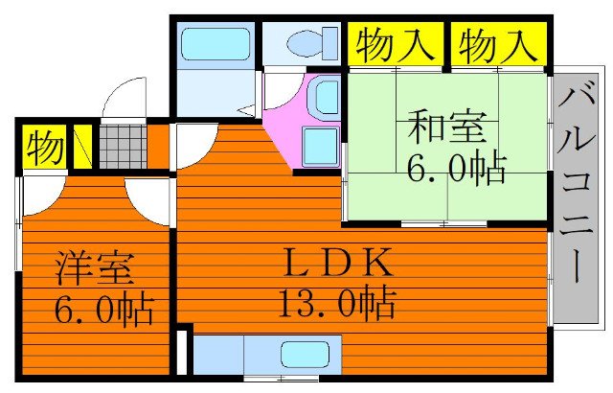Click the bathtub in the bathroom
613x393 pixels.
tap(215, 43)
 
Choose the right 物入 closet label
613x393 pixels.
tap(494, 43)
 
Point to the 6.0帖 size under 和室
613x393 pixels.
tap(456, 169)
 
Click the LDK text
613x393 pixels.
tap(334, 262)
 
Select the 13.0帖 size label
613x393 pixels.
tap(335, 305)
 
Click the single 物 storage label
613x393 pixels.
tap(44, 148)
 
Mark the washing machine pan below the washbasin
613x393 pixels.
tap(320, 145)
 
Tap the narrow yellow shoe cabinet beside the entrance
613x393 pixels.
tap(83, 147)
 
